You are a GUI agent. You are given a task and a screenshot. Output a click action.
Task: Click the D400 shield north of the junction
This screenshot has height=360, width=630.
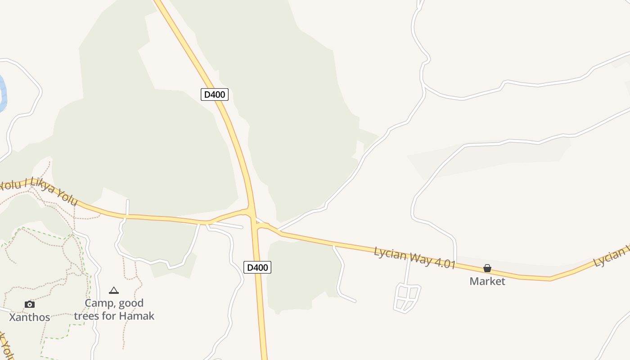click(x=215, y=94)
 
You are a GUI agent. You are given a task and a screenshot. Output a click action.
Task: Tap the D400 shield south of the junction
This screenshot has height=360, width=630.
click(x=257, y=267)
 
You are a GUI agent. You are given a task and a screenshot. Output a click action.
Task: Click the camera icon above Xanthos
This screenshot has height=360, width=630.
click(x=30, y=304)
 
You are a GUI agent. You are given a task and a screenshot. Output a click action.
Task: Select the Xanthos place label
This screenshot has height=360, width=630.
click(x=30, y=317)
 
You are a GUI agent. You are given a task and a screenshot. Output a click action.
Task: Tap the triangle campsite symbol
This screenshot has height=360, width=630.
click(x=114, y=291)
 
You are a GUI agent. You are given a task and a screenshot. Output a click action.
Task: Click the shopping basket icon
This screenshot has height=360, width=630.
click(x=487, y=269)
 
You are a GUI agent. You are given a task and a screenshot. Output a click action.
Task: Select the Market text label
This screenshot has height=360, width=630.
click(x=487, y=281)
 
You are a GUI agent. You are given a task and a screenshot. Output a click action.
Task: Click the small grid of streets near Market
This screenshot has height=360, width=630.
click(x=407, y=297)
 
